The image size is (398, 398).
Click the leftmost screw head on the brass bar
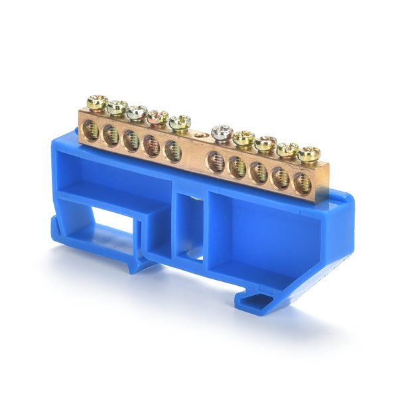[97, 102]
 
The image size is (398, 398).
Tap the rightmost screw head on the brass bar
[308, 155]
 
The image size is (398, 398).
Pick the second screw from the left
[117, 107]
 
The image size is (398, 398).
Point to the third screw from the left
[137, 112]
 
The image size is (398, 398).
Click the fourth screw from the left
[157, 117]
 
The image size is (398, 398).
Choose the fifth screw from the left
[179, 122]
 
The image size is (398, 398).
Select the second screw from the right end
[287, 149]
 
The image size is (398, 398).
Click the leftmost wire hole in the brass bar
[92, 131]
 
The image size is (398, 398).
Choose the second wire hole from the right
[281, 177]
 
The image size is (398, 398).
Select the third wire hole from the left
[131, 141]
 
